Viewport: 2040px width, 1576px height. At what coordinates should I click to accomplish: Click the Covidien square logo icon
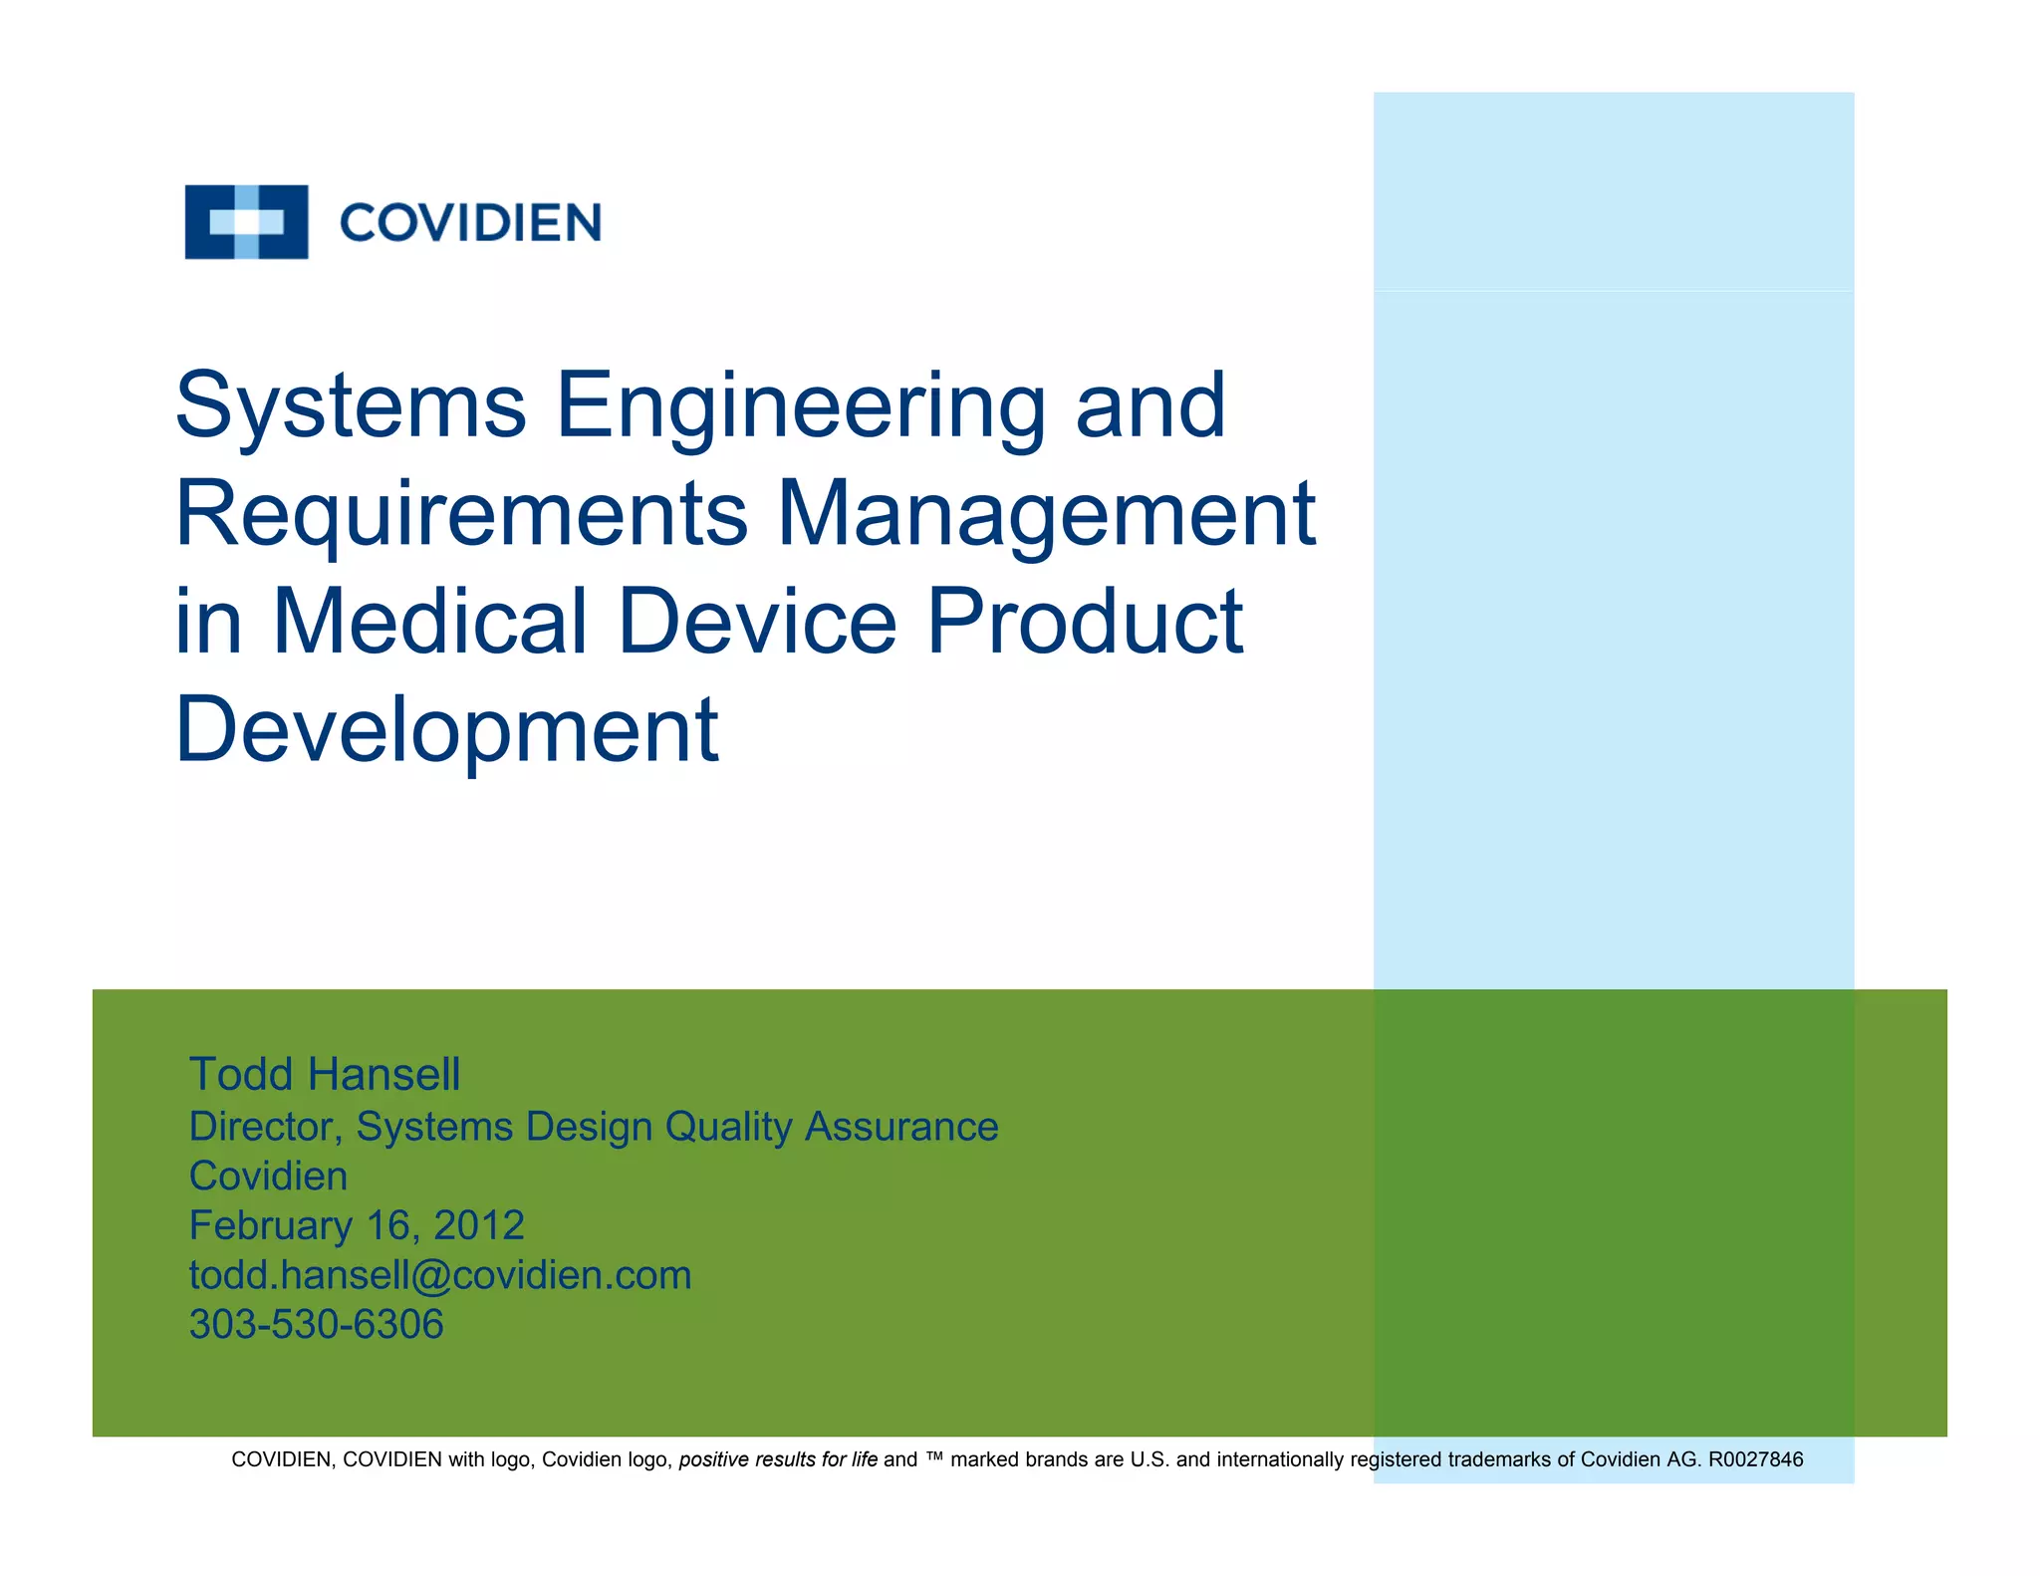point(246,221)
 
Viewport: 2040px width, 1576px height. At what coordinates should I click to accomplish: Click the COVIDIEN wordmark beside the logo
point(470,222)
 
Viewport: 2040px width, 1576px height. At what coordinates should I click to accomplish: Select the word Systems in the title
point(351,405)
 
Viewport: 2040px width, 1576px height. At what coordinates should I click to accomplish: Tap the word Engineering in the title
point(801,405)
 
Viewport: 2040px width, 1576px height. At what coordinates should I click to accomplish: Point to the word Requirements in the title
point(461,514)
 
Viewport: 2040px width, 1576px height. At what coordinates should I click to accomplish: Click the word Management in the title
point(1047,514)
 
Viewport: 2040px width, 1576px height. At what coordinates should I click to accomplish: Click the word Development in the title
point(446,730)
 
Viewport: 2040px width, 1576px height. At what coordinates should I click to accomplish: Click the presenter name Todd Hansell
point(325,1074)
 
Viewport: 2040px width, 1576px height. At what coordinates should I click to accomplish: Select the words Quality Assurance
point(832,1127)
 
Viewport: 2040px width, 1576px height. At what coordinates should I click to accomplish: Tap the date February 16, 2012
point(357,1225)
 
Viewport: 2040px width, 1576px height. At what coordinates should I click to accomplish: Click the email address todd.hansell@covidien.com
point(440,1275)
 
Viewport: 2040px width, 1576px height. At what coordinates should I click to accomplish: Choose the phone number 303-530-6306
point(317,1325)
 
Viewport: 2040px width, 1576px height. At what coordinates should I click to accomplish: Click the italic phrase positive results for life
point(778,1459)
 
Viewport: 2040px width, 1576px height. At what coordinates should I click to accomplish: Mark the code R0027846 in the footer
point(1755,1459)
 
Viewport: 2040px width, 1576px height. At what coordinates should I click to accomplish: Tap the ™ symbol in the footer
point(934,1458)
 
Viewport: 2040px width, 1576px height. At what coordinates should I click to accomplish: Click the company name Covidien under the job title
point(268,1177)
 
